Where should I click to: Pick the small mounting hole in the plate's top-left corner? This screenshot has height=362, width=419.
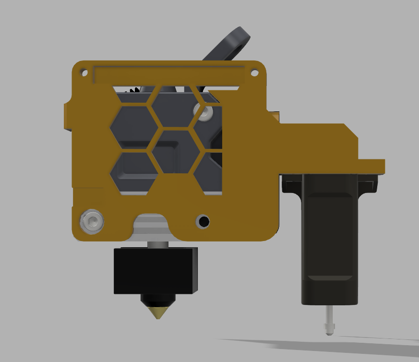pyautogui.click(x=84, y=73)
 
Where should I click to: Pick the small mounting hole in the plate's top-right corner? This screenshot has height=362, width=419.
pyautogui.click(x=255, y=73)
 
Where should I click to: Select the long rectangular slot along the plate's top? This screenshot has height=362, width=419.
pyautogui.click(x=168, y=76)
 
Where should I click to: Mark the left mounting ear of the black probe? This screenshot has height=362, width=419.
pyautogui.click(x=291, y=184)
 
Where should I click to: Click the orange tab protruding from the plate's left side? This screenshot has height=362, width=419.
pyautogui.click(x=67, y=115)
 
